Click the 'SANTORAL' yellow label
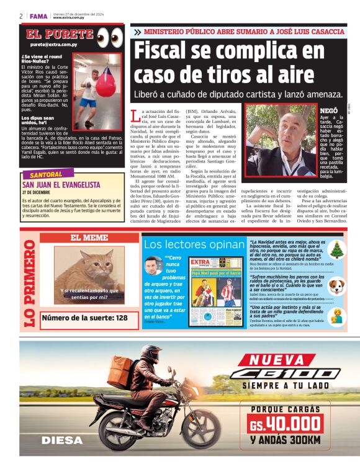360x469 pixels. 47,175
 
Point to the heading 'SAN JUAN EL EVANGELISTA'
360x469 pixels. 61,185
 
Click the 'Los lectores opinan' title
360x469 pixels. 194,244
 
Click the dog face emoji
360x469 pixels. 336,286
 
